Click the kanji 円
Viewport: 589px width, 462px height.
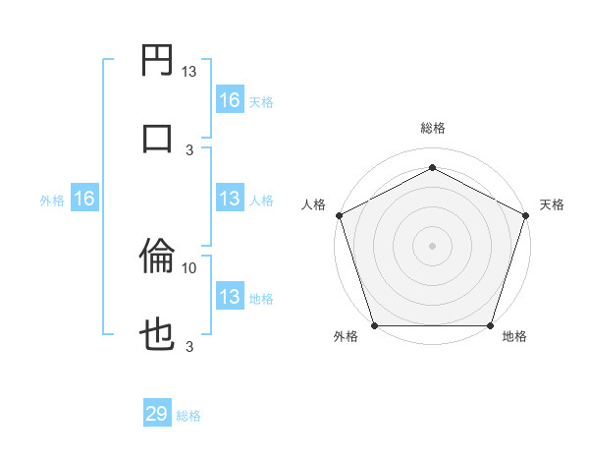click(x=158, y=62)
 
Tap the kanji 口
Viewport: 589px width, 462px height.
click(x=158, y=137)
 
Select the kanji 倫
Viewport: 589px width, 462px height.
click(x=158, y=259)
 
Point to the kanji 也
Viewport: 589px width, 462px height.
click(x=158, y=334)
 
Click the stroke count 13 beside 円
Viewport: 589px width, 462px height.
click(x=189, y=72)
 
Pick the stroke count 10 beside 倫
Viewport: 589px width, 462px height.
click(x=189, y=267)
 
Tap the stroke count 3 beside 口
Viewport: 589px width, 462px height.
click(x=189, y=149)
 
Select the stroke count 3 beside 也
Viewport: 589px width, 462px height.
click(x=189, y=346)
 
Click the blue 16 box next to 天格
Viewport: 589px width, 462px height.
click(x=230, y=100)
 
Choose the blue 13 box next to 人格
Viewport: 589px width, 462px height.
click(x=230, y=200)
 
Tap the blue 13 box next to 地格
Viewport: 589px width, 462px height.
click(x=230, y=297)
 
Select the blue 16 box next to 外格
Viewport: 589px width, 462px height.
click(x=84, y=200)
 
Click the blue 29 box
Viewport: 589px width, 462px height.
click(x=157, y=414)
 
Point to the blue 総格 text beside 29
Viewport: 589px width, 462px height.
click(x=189, y=416)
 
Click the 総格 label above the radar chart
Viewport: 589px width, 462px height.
click(x=432, y=129)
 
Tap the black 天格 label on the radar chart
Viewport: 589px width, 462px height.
click(x=553, y=204)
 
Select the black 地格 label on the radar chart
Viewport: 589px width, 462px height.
click(x=514, y=337)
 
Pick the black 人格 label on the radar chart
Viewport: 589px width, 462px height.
click(x=314, y=204)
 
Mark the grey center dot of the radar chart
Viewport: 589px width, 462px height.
click(x=432, y=245)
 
